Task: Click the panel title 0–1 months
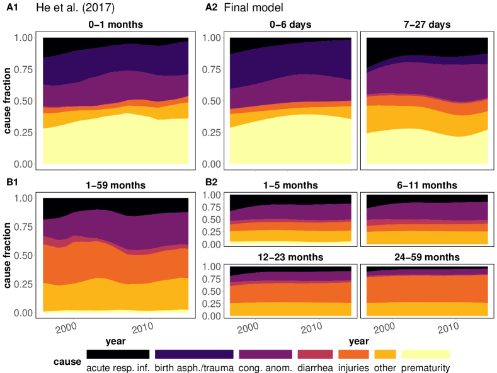(x=115, y=25)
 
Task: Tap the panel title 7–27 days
(x=427, y=25)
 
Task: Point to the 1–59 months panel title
(x=115, y=186)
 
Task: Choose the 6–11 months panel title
(x=427, y=186)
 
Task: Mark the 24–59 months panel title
(x=427, y=257)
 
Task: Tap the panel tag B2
(x=212, y=185)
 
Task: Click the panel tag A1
(x=10, y=8)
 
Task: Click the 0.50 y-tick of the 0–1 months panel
(x=25, y=101)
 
